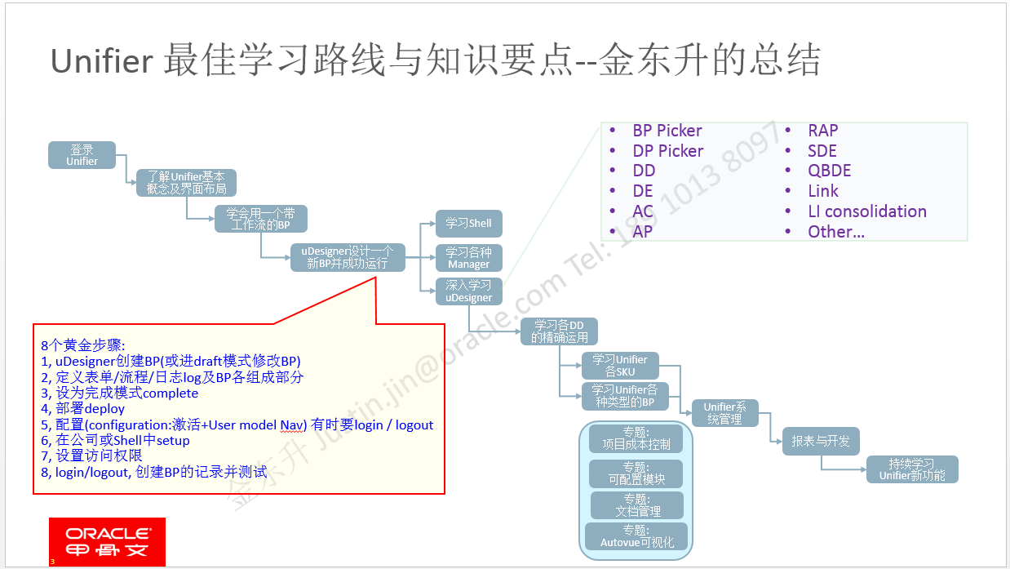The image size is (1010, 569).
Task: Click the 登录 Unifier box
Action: tap(82, 156)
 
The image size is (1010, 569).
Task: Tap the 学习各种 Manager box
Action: tap(468, 258)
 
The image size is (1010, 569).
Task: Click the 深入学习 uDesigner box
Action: tap(468, 291)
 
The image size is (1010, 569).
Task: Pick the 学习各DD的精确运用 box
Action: tap(559, 331)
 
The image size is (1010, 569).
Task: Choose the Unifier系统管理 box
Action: tap(724, 412)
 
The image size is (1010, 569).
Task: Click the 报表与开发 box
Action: tap(820, 441)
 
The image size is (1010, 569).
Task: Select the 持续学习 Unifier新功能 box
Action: tap(911, 469)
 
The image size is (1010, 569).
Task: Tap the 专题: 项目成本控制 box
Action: tap(636, 438)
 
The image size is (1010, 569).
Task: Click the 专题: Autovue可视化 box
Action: tap(636, 536)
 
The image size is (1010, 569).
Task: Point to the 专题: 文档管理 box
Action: tap(637, 505)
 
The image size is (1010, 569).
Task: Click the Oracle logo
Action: tap(107, 541)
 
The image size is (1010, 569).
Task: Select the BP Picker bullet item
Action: tap(667, 131)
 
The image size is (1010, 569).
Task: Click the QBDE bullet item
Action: tap(829, 171)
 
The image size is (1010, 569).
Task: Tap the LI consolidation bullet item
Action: tap(866, 211)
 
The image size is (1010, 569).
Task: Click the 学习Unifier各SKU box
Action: tap(619, 366)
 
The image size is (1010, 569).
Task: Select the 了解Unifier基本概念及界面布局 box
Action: tap(186, 183)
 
